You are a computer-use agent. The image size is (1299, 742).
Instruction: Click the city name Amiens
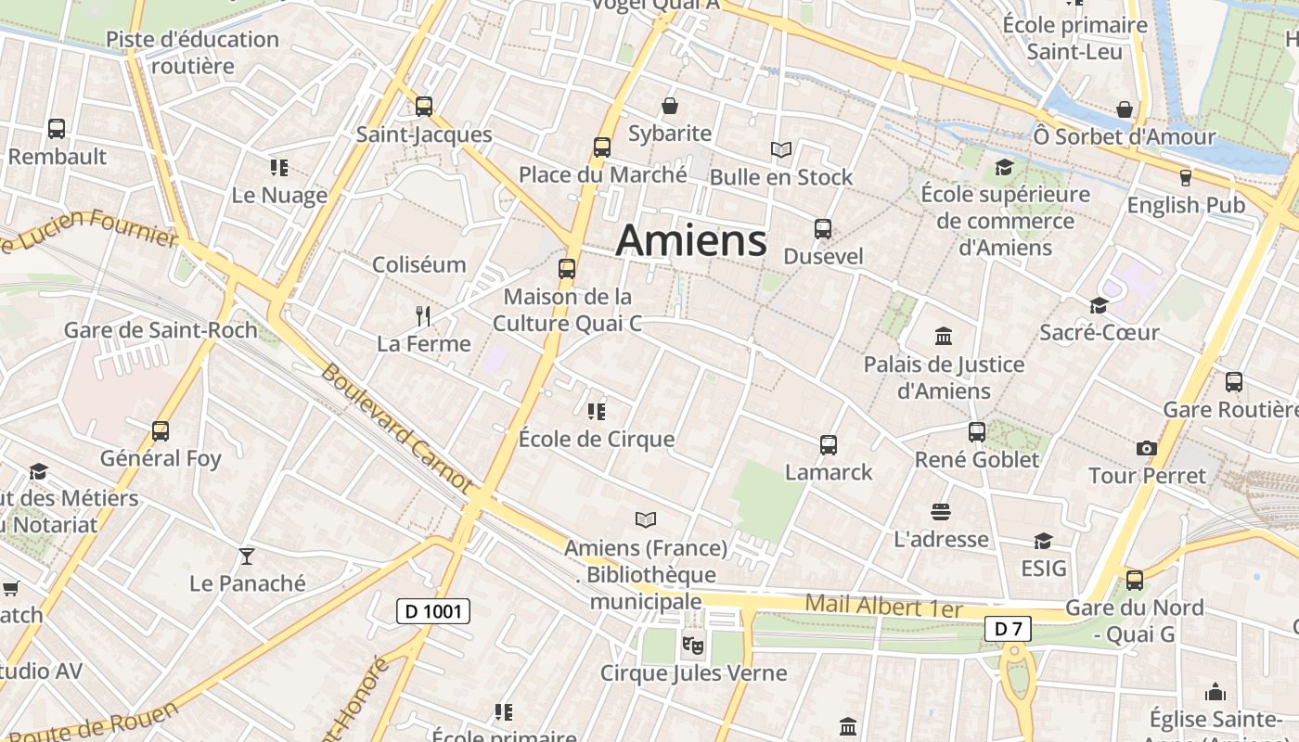pos(691,240)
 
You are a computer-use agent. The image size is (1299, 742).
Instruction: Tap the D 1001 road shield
pos(433,611)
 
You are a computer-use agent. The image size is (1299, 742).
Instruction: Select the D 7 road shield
pos(1008,629)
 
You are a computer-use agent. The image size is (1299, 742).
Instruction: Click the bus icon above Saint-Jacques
pos(424,107)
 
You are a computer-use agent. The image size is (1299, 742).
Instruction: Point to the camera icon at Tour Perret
pos(1147,449)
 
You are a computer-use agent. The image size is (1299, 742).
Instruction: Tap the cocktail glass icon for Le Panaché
pos(247,556)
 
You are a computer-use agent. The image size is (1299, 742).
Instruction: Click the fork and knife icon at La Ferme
pos(423,316)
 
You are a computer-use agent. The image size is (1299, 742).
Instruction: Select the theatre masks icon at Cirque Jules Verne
pos(692,643)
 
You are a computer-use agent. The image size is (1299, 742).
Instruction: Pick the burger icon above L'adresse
pos(941,512)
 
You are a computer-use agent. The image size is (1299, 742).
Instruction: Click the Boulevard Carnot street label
pos(397,428)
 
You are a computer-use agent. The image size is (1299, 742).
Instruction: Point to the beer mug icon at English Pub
pos(1185,177)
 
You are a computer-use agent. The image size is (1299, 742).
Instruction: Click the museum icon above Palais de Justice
pos(944,336)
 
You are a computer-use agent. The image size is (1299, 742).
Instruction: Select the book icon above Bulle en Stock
pos(781,149)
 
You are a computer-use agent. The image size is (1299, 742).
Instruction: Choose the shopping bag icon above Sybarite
pos(670,106)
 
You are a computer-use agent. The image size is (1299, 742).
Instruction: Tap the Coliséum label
pos(418,264)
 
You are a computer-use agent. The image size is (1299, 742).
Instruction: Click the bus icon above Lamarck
pos(829,445)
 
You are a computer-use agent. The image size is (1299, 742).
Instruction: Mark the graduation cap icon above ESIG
pos(1044,541)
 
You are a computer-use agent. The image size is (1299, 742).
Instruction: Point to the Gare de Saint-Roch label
pos(161,329)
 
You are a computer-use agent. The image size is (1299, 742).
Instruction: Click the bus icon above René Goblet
pos(977,432)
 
